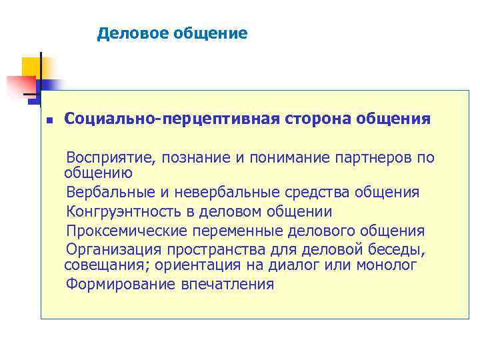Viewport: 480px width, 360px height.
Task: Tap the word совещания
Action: (101, 265)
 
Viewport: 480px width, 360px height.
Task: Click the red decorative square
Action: (20, 86)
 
